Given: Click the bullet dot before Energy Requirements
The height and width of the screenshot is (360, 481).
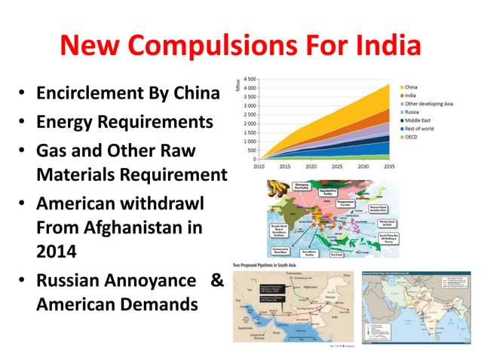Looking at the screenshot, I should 23,123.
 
